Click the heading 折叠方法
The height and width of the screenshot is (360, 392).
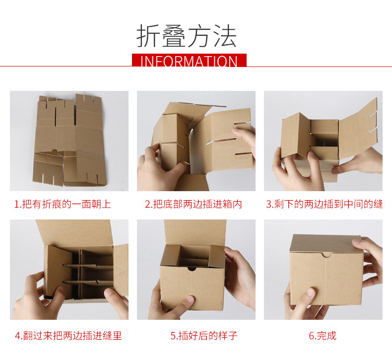click(187, 36)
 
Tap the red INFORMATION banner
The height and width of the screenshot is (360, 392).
click(189, 60)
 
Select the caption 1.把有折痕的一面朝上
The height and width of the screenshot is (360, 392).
click(63, 204)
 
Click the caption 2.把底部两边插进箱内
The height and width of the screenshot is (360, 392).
click(194, 204)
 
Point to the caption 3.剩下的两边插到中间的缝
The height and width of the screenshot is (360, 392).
click(324, 204)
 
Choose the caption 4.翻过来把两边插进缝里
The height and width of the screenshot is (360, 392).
click(68, 336)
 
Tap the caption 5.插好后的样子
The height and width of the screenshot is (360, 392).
click(204, 336)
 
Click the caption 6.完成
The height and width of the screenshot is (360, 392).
click(323, 336)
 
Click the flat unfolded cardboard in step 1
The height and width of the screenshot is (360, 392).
click(69, 140)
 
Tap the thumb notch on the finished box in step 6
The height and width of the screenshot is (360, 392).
click(326, 255)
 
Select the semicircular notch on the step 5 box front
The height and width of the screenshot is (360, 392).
click(192, 269)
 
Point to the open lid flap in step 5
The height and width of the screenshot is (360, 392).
click(195, 232)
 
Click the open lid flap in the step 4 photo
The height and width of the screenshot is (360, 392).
click(75, 233)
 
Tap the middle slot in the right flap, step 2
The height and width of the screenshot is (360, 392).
click(221, 141)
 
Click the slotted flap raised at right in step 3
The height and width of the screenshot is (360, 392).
click(358, 130)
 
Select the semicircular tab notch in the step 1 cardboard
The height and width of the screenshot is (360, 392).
click(55, 150)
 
